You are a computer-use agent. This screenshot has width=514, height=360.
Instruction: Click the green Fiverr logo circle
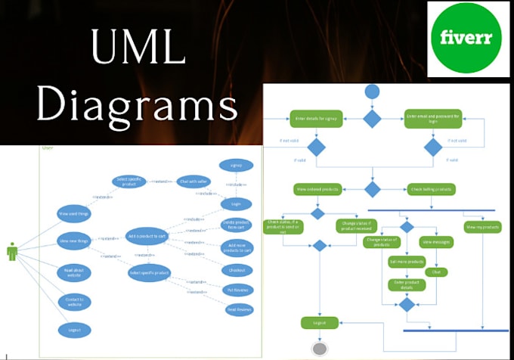point(468,38)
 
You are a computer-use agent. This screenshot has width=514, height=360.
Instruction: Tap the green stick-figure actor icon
point(12,252)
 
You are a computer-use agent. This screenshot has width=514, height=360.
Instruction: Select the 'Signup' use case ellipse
point(236,165)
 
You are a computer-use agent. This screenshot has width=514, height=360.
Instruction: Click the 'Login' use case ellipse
point(236,204)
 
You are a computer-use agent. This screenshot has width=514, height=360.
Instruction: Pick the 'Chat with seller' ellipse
point(194,182)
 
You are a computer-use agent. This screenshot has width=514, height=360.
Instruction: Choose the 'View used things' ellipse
point(73,214)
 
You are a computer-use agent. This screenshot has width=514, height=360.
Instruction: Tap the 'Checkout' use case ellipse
point(236,269)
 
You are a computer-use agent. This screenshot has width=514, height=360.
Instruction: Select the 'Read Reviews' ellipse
point(237,309)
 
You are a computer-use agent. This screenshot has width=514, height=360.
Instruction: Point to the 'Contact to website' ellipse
point(74,301)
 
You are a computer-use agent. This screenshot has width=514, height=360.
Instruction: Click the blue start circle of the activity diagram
point(372,92)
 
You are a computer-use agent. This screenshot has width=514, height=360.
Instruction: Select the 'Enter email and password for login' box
point(433,119)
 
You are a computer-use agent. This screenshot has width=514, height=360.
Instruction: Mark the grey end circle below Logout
point(319,349)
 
